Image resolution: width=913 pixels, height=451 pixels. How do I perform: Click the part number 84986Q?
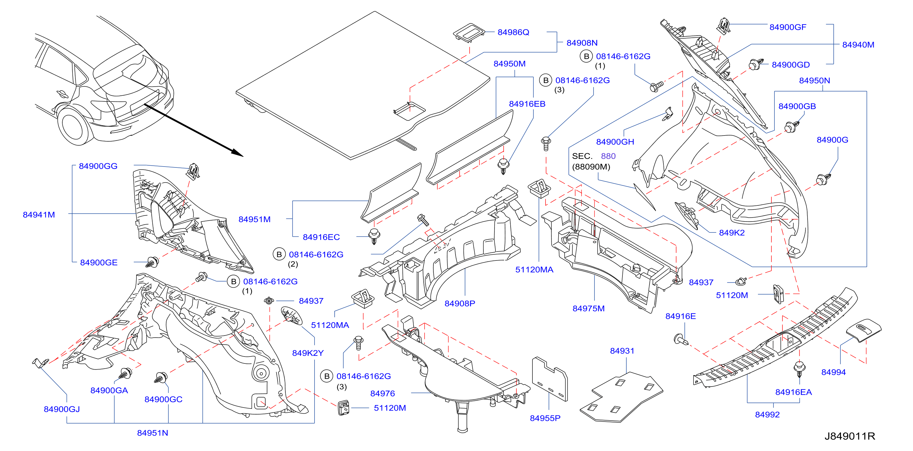(x=513, y=32)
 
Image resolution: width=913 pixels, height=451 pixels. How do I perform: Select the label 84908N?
(x=582, y=43)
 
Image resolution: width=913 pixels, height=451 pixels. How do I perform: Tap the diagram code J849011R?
(x=850, y=436)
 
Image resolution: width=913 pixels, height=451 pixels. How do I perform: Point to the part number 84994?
(x=834, y=372)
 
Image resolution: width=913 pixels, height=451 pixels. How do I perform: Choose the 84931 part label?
(x=622, y=351)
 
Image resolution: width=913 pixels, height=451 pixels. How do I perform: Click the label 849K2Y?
(x=308, y=353)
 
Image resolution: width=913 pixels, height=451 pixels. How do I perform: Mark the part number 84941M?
(x=39, y=215)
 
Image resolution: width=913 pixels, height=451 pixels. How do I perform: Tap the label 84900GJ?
(x=62, y=409)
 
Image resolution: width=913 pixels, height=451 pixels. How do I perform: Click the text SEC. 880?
(x=594, y=156)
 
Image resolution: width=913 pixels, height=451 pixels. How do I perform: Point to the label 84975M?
(x=589, y=308)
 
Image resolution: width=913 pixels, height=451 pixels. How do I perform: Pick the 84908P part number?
(x=460, y=304)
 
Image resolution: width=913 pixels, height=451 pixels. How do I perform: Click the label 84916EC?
(x=321, y=237)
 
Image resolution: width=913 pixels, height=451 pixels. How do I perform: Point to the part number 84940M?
(x=858, y=45)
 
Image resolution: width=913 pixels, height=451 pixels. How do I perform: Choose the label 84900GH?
(x=615, y=142)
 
